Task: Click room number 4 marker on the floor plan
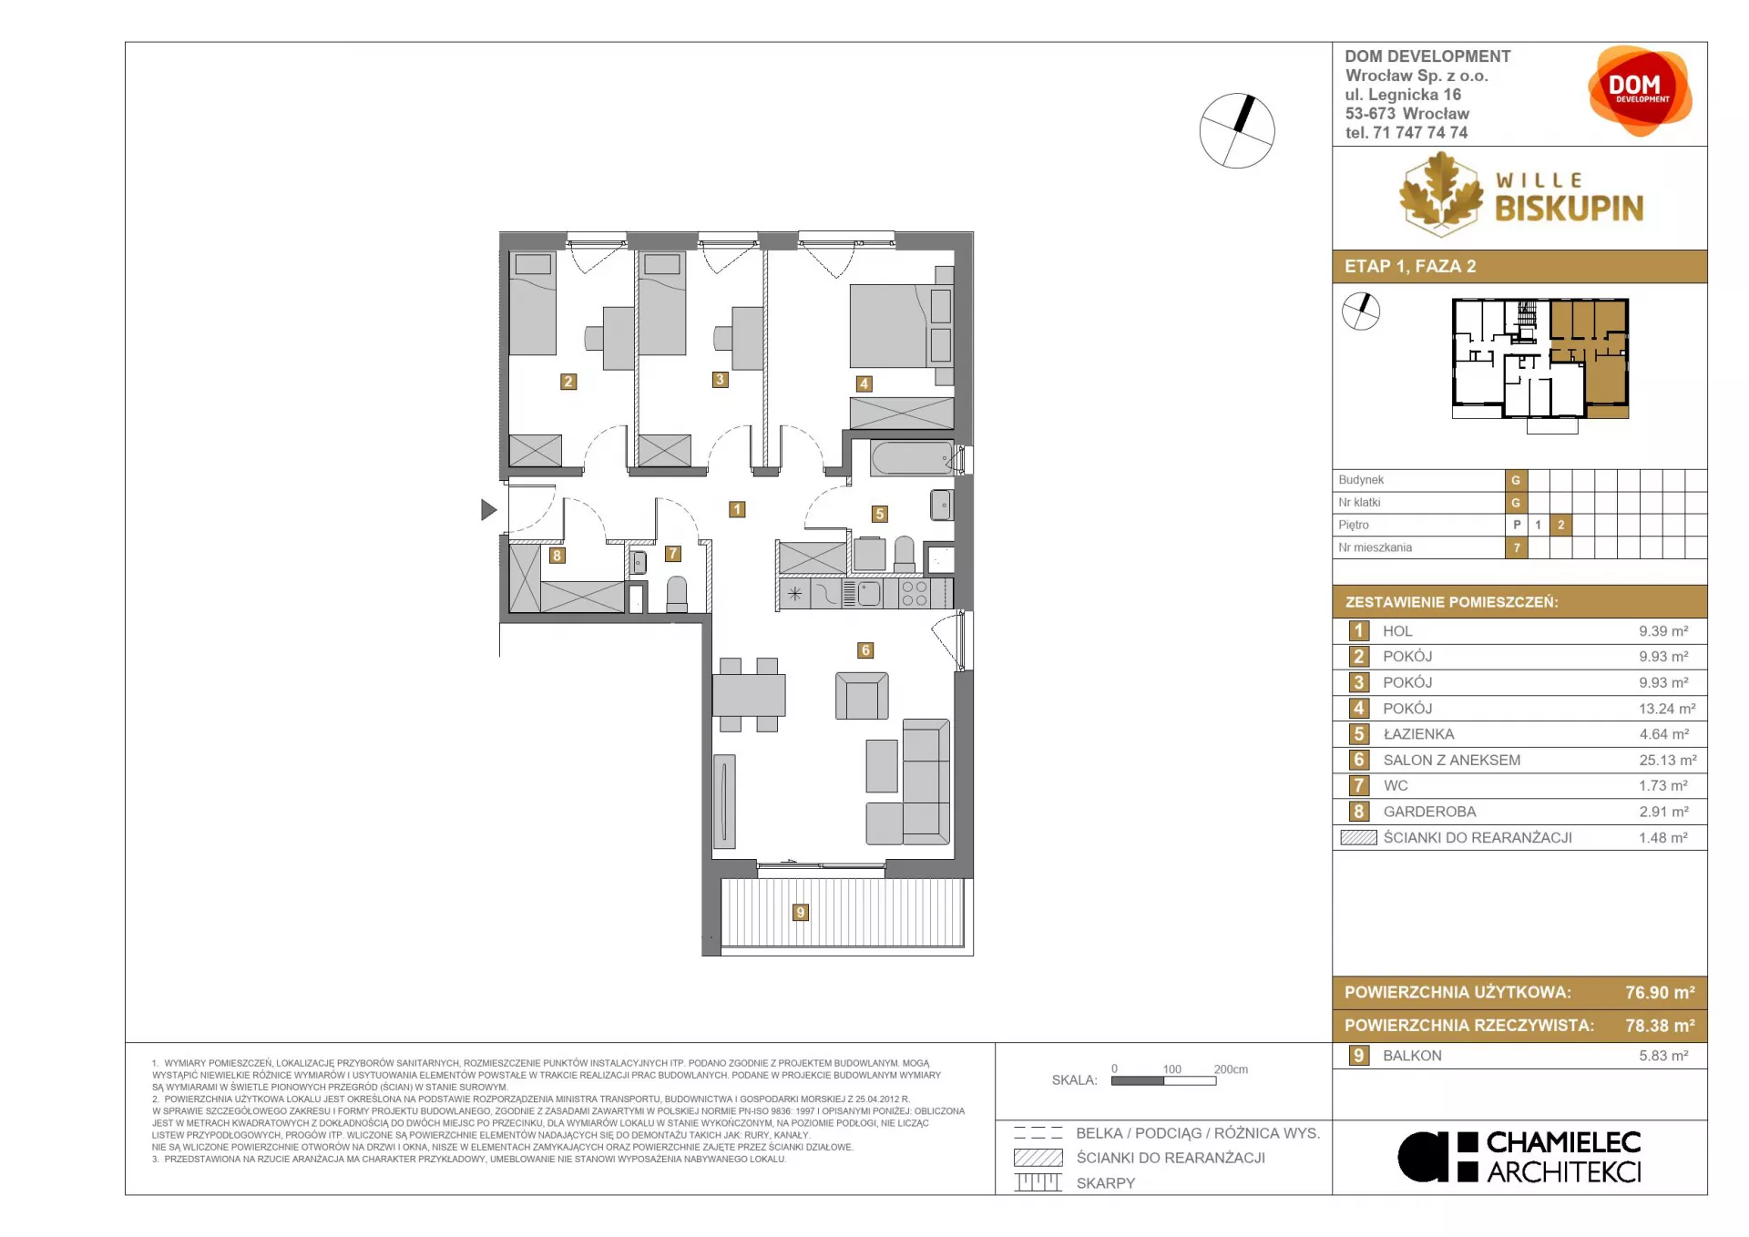pyautogui.click(x=864, y=383)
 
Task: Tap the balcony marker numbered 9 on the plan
pyautogui.click(x=800, y=912)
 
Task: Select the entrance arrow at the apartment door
pyautogui.click(x=489, y=510)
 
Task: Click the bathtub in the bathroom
pyautogui.click(x=912, y=457)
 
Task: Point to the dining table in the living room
pyautogui.click(x=749, y=694)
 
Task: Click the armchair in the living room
pyautogui.click(x=862, y=696)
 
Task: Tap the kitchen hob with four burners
pyautogui.click(x=914, y=594)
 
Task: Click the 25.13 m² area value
pyautogui.click(x=1667, y=760)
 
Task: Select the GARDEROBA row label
pyautogui.click(x=1429, y=812)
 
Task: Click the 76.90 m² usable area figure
pyautogui.click(x=1660, y=993)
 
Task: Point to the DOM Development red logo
pyautogui.click(x=1640, y=91)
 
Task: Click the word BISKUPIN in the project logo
pyautogui.click(x=1569, y=209)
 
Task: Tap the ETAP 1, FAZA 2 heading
pyautogui.click(x=1410, y=266)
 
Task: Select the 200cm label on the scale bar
pyautogui.click(x=1231, y=1069)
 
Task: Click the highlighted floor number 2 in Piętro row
pyautogui.click(x=1560, y=525)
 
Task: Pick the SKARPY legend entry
pyautogui.click(x=1106, y=1183)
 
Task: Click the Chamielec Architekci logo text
pyautogui.click(x=1563, y=1157)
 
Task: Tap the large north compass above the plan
pyautogui.click(x=1237, y=130)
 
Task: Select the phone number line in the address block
pyautogui.click(x=1406, y=133)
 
